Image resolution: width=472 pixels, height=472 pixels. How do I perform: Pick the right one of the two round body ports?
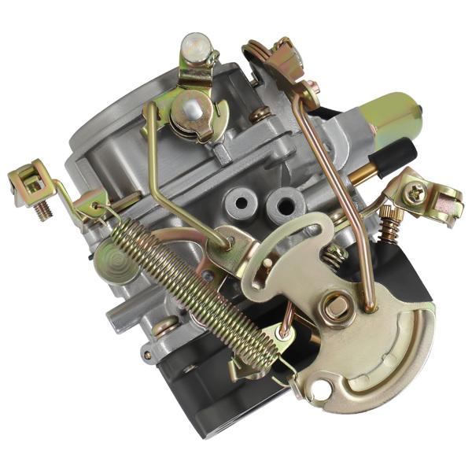tap(280, 207)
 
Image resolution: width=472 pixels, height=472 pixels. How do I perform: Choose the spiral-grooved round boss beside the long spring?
tap(118, 259)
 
